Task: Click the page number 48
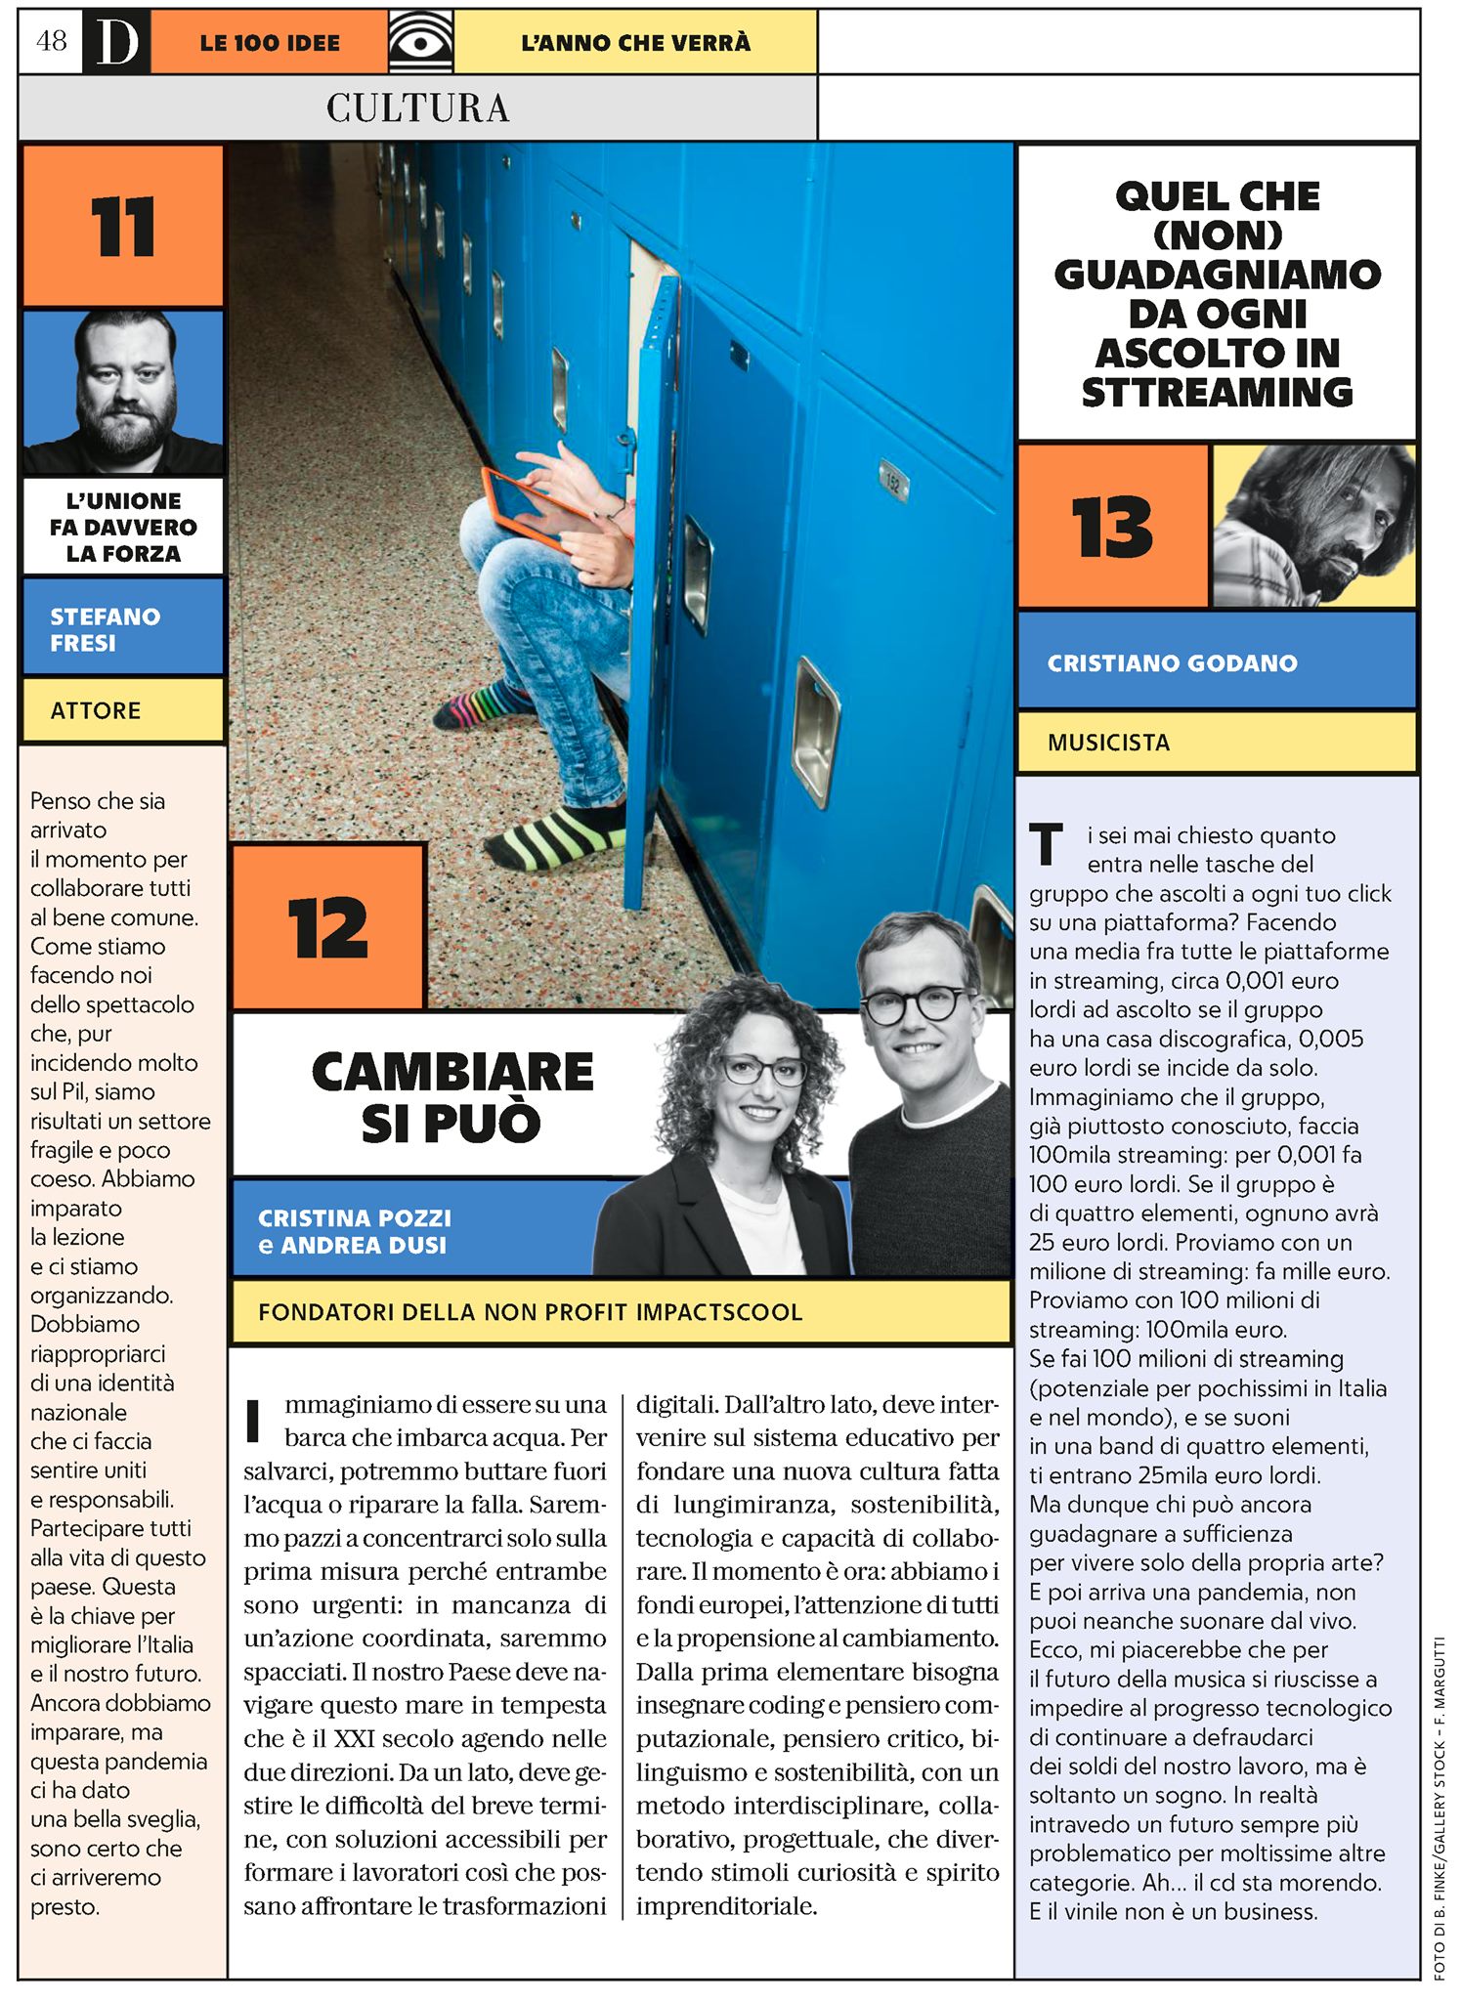(x=51, y=41)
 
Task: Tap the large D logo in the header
(x=116, y=42)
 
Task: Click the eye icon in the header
(x=420, y=42)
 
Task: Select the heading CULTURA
(x=417, y=107)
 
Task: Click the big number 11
(x=123, y=227)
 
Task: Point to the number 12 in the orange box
(x=327, y=927)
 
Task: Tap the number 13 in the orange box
(x=1112, y=527)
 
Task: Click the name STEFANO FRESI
(x=105, y=629)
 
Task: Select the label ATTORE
(x=96, y=710)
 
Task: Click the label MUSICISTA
(x=1108, y=743)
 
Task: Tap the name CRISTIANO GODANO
(x=1172, y=663)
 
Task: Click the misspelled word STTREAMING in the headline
(x=1217, y=393)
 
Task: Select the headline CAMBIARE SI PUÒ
(x=451, y=1096)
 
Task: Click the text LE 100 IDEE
(x=270, y=43)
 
